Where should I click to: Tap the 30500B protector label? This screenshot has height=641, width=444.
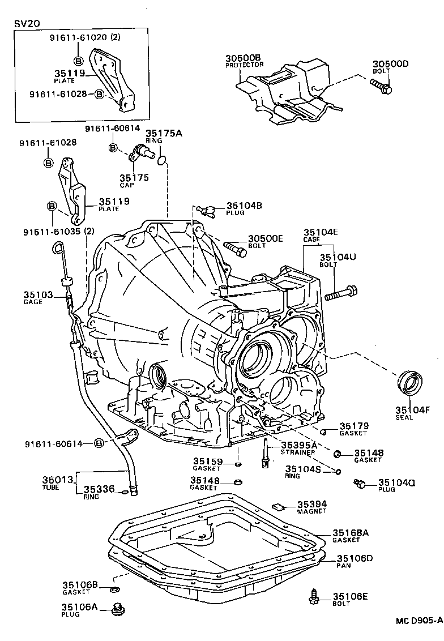click(242, 58)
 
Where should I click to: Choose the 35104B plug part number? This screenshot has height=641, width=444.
click(244, 206)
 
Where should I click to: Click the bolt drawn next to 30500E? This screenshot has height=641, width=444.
click(235, 247)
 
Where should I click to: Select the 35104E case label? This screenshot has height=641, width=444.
click(321, 232)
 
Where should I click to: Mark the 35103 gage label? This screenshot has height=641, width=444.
click(38, 295)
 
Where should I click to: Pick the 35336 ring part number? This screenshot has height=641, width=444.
click(99, 489)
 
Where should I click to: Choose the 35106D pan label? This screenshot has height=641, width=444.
click(353, 558)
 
